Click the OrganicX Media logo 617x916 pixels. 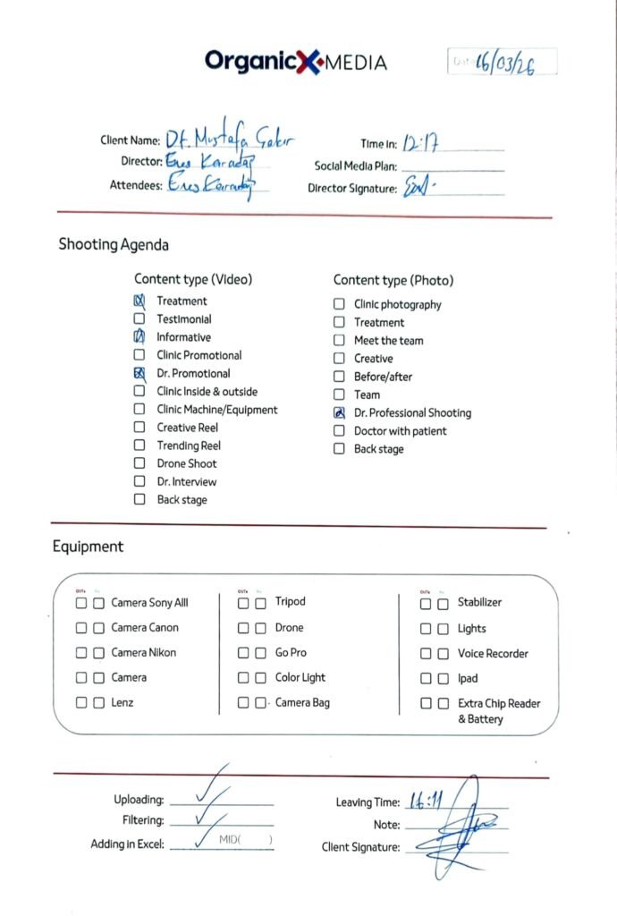pos(295,61)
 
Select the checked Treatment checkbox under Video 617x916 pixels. pos(139,301)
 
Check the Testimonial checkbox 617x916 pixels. pos(139,319)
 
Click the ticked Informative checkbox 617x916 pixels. pos(139,337)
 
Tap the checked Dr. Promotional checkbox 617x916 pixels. pos(139,374)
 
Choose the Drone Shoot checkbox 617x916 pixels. pos(139,463)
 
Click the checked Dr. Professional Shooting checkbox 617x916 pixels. pos(339,413)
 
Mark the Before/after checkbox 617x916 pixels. pos(339,377)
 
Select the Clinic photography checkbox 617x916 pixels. pos(339,304)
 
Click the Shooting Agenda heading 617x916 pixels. pos(114,244)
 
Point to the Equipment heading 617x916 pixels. pos(88,547)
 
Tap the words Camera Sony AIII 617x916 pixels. pos(149,603)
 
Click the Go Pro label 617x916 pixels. pos(291,653)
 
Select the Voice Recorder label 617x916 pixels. pos(493,654)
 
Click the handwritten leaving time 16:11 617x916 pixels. pos(426,801)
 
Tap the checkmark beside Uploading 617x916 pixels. pos(212,789)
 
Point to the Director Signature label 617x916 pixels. pos(352,189)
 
